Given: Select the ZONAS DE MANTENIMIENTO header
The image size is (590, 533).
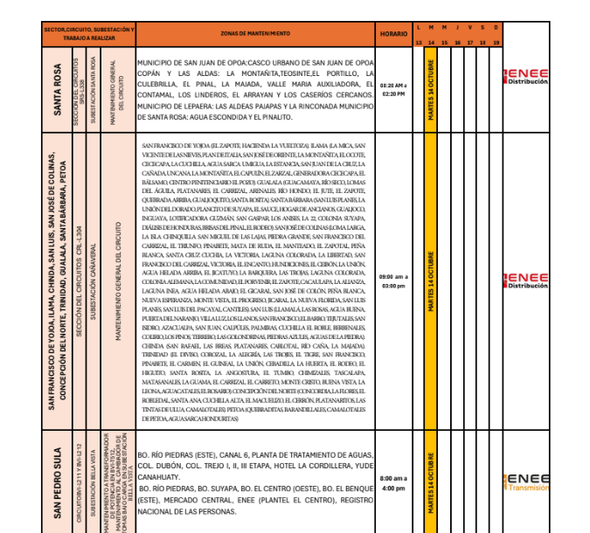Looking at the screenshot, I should [257, 34].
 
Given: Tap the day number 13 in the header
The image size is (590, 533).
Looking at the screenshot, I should [419, 42].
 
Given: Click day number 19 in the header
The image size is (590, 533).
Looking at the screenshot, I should [496, 42].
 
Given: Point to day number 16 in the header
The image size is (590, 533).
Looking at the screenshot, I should [458, 42].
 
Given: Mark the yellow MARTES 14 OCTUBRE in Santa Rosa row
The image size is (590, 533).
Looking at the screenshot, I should [432, 89].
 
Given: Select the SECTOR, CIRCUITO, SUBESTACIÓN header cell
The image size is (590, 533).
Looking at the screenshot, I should [89, 34].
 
